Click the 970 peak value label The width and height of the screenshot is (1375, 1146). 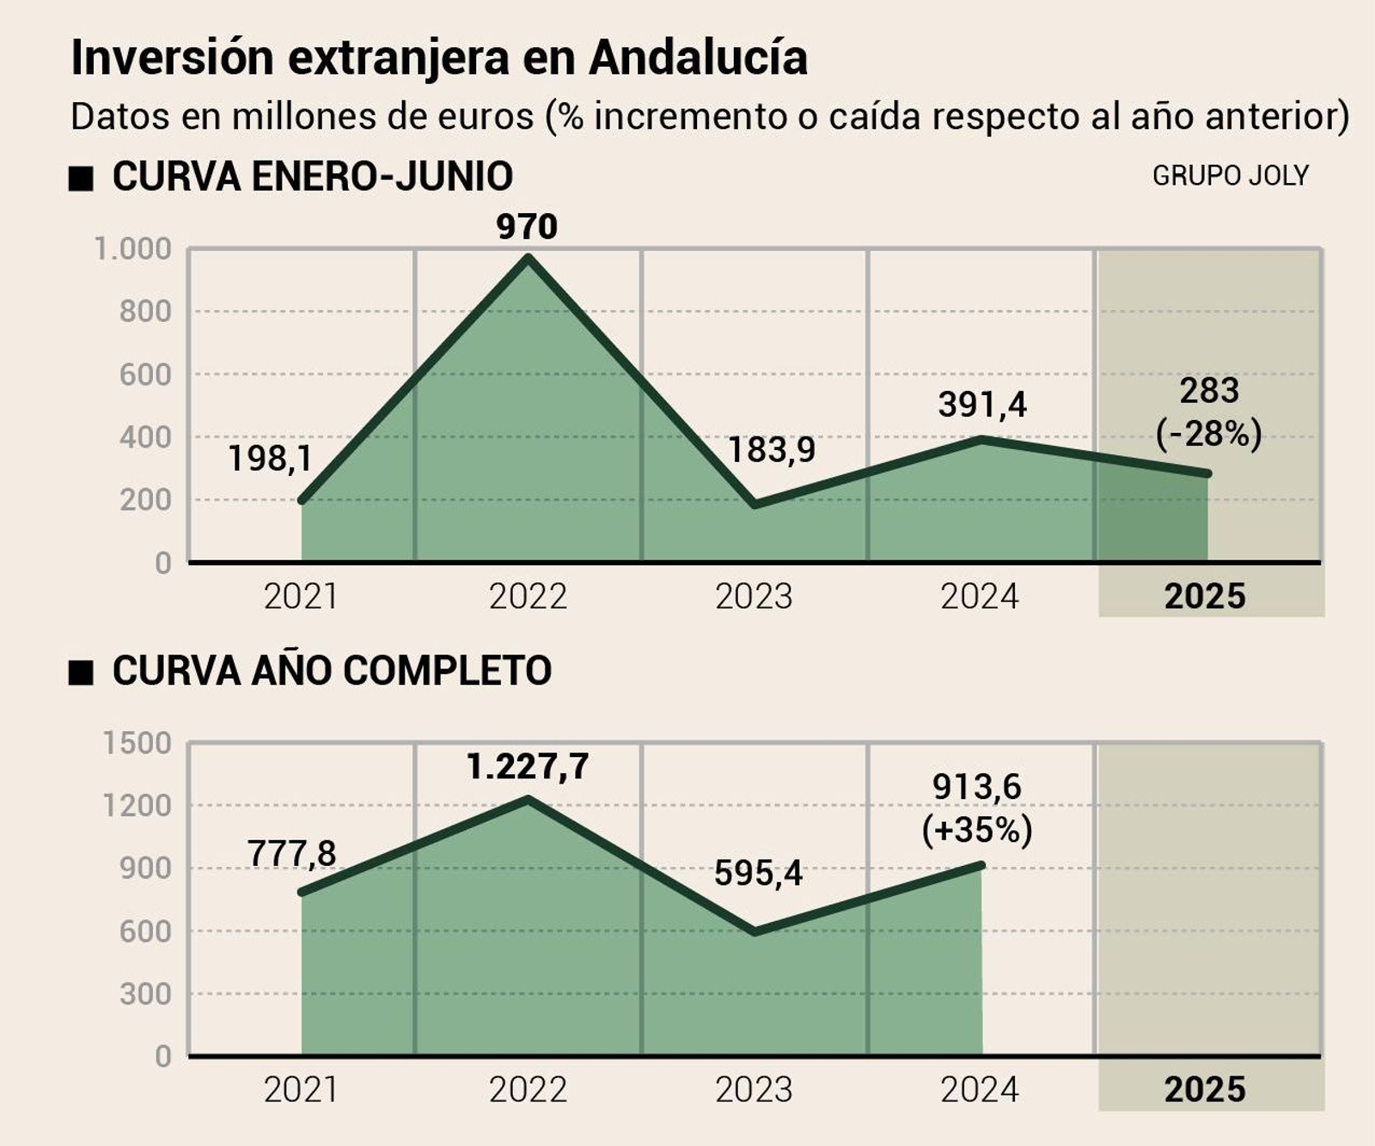[527, 227]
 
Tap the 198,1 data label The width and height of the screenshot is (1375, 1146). [270, 459]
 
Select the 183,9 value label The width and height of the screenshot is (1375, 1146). [771, 449]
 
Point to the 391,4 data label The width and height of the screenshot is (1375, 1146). [981, 404]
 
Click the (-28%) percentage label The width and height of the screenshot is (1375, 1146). [1208, 433]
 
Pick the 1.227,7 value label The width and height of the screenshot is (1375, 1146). [528, 766]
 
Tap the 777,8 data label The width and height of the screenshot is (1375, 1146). [291, 853]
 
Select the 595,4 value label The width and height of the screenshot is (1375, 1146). [758, 873]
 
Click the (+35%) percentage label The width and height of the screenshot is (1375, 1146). [977, 830]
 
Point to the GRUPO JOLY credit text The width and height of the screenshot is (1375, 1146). [1230, 175]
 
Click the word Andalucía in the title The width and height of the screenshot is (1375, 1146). [698, 58]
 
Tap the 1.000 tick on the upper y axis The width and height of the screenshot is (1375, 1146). [132, 249]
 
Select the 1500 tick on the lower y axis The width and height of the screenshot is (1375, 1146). [137, 743]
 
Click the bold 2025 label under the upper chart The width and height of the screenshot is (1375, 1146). [1204, 595]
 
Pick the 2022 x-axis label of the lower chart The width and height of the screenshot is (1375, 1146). [528, 1089]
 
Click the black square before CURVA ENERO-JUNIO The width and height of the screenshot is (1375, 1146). [81, 179]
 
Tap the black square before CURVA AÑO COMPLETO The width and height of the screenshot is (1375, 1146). [81, 673]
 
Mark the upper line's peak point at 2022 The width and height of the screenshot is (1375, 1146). [528, 257]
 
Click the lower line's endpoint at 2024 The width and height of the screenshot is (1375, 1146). [981, 865]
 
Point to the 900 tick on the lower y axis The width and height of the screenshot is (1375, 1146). [145, 868]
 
